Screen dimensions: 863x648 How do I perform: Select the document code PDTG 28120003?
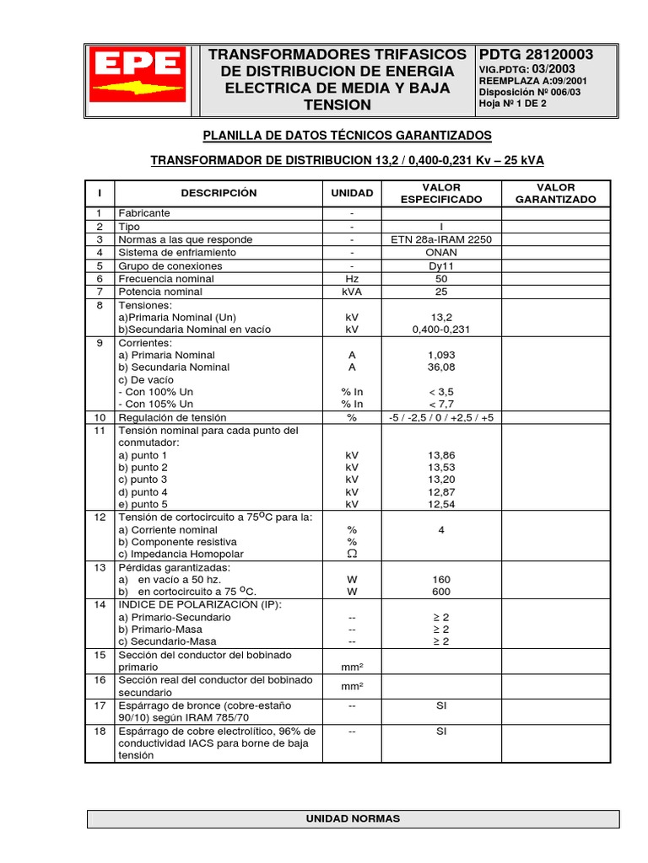coord(536,55)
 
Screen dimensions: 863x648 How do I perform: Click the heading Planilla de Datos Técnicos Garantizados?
coord(347,136)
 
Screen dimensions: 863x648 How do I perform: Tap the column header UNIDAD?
coord(352,193)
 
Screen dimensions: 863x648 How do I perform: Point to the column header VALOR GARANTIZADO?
coord(555,193)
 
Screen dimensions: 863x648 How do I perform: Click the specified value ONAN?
coord(441,252)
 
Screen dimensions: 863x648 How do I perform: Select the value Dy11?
coord(441,265)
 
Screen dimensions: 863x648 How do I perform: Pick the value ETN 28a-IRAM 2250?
coord(441,239)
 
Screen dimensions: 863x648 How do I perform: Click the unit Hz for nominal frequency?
coord(352,278)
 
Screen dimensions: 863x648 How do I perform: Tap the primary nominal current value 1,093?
coord(441,355)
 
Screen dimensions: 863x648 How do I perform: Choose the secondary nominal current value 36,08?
coord(441,367)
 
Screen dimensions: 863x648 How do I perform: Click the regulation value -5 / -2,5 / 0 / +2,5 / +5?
coord(441,417)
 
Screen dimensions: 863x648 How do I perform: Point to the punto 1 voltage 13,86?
coord(441,454)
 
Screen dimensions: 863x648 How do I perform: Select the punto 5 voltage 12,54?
coord(441,504)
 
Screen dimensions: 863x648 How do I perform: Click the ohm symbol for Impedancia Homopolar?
coord(352,554)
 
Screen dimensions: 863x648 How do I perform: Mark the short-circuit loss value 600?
coord(441,592)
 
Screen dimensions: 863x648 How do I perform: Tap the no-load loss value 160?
coord(441,579)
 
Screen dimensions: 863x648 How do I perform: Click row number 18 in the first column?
coord(100,732)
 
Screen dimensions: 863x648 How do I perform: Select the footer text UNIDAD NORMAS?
coord(353,818)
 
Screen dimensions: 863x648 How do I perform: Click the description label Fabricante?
coord(144,214)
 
